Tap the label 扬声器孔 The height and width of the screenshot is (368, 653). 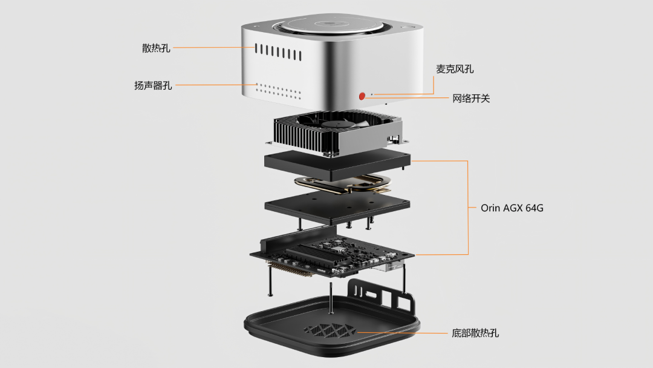pos(153,85)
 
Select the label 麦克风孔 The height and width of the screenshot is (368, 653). pos(455,69)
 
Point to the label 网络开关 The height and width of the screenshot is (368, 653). pos(471,98)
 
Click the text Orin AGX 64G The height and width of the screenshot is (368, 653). pos(512,208)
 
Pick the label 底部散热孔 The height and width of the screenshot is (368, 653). pos(475,333)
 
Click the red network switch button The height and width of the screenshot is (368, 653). pos(362,96)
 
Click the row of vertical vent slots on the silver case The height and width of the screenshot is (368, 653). pos(278,51)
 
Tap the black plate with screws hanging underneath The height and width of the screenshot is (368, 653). pos(336,206)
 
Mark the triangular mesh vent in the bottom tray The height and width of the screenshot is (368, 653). pos(330,330)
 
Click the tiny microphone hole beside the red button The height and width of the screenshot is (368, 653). pos(371,94)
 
